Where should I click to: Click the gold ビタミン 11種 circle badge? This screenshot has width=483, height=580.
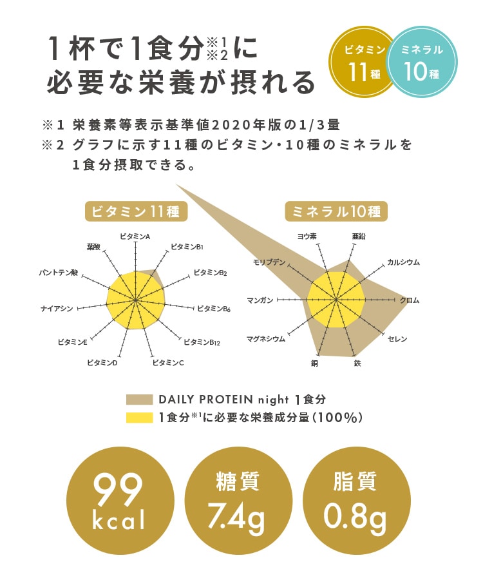364,62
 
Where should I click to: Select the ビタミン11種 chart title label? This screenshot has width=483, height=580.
136,211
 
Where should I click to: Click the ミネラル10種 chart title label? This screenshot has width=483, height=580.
337,211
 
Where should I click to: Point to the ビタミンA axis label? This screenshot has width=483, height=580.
135,237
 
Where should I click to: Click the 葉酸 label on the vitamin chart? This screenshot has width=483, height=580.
93,247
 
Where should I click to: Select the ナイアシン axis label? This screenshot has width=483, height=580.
57,309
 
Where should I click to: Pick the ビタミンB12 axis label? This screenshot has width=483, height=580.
202,342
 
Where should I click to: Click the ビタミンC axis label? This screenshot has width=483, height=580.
168,363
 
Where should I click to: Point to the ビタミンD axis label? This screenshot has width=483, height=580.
102,363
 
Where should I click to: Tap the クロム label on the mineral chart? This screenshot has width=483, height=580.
410,300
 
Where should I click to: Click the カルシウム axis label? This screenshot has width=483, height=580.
403,262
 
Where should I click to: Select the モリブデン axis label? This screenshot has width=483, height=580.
269,262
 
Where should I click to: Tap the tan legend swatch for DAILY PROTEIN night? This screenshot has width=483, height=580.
139,399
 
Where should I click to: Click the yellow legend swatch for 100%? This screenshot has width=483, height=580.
139,418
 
